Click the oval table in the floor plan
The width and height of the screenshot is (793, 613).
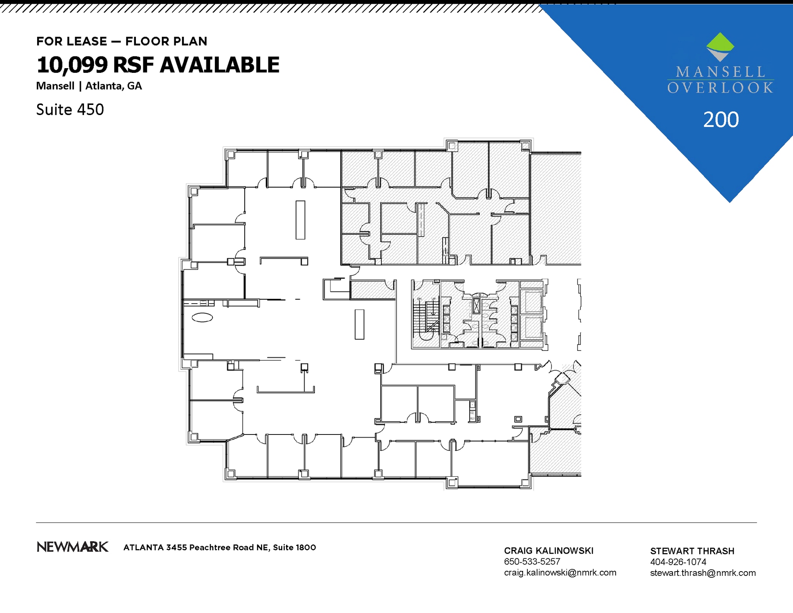[x=202, y=318]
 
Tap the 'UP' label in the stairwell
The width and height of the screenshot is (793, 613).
[x=434, y=299]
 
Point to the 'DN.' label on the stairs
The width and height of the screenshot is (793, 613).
[x=419, y=299]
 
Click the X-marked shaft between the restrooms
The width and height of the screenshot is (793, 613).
[x=476, y=306]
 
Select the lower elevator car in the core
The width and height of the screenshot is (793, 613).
[x=533, y=328]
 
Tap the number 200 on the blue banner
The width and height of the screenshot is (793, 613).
[x=721, y=120]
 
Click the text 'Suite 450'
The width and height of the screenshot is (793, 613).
[x=70, y=110]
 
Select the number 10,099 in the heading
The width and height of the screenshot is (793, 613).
[x=72, y=65]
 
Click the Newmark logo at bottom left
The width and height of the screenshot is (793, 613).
[x=72, y=547]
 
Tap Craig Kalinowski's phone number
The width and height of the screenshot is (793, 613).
[x=532, y=561]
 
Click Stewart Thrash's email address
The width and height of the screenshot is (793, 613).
[x=703, y=573]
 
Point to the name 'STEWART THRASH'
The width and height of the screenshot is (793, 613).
[x=692, y=551]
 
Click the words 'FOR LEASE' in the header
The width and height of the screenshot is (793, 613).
[x=72, y=41]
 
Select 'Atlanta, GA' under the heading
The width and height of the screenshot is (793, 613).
[x=113, y=86]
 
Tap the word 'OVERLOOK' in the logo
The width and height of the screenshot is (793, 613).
[x=720, y=88]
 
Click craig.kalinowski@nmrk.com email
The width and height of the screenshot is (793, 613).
[x=560, y=572]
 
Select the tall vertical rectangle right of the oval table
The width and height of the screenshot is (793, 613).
[x=359, y=325]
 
